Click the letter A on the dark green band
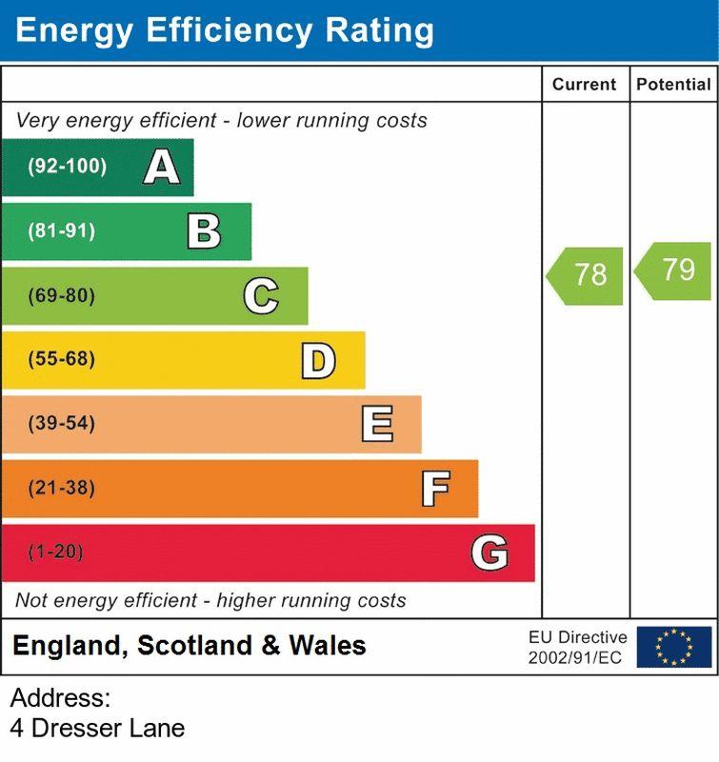click(x=162, y=168)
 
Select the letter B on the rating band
click(x=204, y=231)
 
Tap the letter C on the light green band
click(x=261, y=296)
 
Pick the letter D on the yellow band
click(x=318, y=360)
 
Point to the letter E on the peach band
click(x=377, y=424)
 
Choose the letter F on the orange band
click(x=435, y=489)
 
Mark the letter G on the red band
click(x=489, y=552)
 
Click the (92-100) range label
click(x=67, y=167)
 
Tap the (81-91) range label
click(x=61, y=231)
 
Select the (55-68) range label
click(x=61, y=360)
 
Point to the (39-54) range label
click(x=61, y=424)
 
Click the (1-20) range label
click(x=56, y=552)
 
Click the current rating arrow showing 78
click(x=586, y=275)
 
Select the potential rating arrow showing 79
click(x=674, y=271)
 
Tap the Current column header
click(x=584, y=85)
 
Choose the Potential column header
click(x=673, y=85)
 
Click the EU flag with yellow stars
click(x=674, y=647)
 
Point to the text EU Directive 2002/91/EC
click(x=578, y=647)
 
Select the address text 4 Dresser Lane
click(x=97, y=729)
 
